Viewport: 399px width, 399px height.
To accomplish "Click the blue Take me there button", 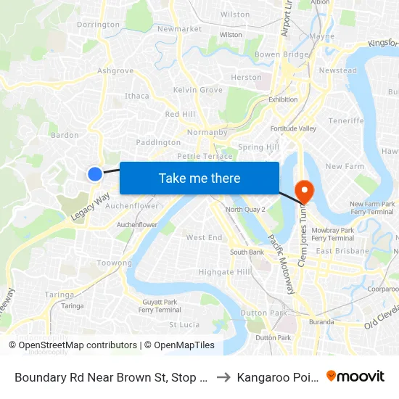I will tap(199, 178).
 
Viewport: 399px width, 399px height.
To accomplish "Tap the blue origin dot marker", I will tap(95, 173).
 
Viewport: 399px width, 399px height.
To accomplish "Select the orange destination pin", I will tap(304, 192).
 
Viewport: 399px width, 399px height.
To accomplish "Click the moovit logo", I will tap(355, 376).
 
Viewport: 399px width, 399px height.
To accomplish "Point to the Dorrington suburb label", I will tap(98, 25).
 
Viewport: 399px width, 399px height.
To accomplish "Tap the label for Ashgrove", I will tap(115, 71).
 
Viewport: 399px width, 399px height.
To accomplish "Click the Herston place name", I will tap(246, 78).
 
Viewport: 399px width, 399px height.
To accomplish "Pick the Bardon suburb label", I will tap(64, 135).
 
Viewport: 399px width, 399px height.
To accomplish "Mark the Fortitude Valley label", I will tap(294, 128).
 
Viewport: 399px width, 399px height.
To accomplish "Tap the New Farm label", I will tap(344, 167).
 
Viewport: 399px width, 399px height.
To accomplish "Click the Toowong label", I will tap(115, 263).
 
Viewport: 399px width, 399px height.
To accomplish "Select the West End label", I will tap(204, 238).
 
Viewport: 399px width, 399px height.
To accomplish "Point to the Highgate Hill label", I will tap(224, 272).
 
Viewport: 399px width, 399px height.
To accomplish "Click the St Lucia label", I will tap(184, 325).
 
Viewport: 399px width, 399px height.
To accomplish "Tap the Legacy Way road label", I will tap(90, 207).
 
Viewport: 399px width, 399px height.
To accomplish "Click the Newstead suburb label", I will tap(338, 71).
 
